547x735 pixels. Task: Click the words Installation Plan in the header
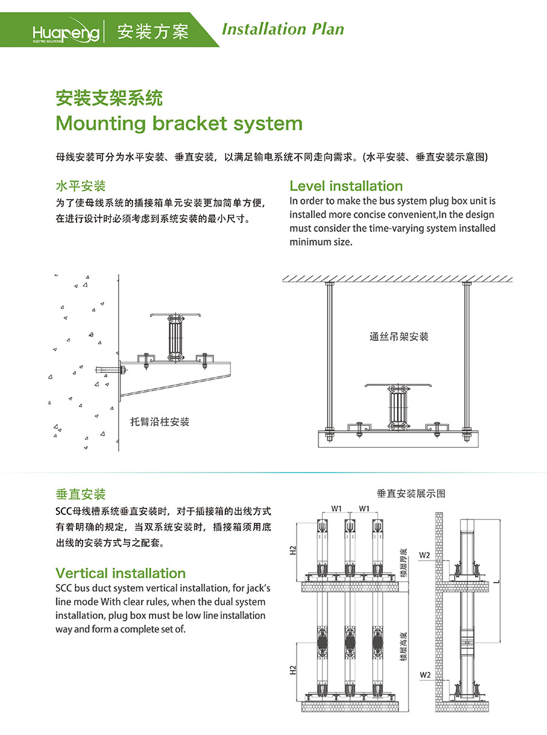[283, 29]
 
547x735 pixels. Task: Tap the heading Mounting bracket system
[179, 123]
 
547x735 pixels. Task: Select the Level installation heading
[346, 186]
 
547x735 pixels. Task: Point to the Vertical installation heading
[120, 573]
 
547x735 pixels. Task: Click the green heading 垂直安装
[80, 494]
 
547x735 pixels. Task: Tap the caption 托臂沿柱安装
[160, 422]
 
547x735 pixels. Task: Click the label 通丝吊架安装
[399, 336]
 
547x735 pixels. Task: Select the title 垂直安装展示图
[411, 493]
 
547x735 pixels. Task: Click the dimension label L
[497, 581]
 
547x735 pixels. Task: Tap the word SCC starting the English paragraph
[64, 588]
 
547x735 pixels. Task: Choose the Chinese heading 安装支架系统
[109, 97]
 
